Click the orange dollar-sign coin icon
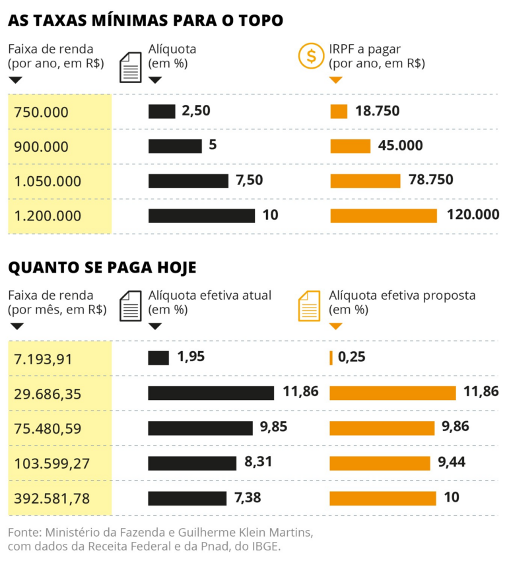[310, 55]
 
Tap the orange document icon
[310, 306]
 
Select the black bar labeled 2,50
[162, 112]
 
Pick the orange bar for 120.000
[384, 215]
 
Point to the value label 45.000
[400, 146]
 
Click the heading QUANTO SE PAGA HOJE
[102, 267]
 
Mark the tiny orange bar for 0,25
[331, 358]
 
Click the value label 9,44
[452, 463]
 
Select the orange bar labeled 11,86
[393, 393]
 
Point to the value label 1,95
[191, 357]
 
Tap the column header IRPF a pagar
[365, 49]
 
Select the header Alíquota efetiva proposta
[402, 295]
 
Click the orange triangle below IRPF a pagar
[335, 80]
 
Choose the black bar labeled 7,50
[188, 181]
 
